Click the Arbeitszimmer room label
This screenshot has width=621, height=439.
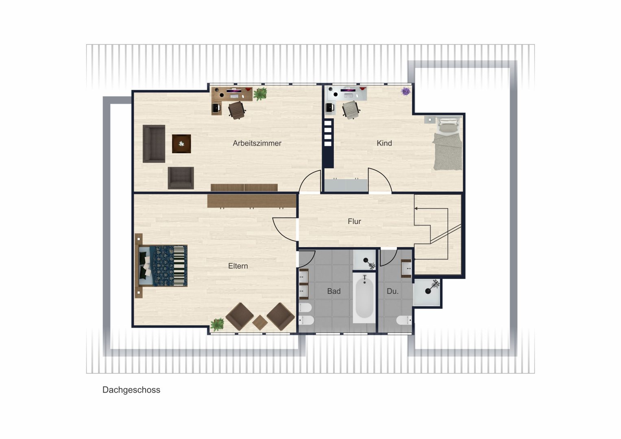[x=257, y=143]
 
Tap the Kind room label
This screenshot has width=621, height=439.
[x=384, y=143]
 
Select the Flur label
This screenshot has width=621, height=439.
[x=354, y=222]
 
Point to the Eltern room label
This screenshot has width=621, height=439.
[x=238, y=266]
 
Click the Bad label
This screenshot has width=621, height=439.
[x=334, y=291]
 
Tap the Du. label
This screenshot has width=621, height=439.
[x=392, y=291]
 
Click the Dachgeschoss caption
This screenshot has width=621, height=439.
[x=131, y=390]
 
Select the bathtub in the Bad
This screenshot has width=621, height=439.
[x=364, y=298]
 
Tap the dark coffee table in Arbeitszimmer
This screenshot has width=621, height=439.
[x=182, y=144]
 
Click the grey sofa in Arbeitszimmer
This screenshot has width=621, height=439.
[x=154, y=143]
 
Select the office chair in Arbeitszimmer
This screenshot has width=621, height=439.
[x=237, y=110]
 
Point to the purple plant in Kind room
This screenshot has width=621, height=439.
[x=405, y=91]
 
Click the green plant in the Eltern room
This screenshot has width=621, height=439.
[x=217, y=324]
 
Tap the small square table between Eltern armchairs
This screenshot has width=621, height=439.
[x=260, y=323]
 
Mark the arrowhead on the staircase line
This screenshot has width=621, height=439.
[x=416, y=209]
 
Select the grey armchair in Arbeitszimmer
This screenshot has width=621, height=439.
[x=181, y=178]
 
